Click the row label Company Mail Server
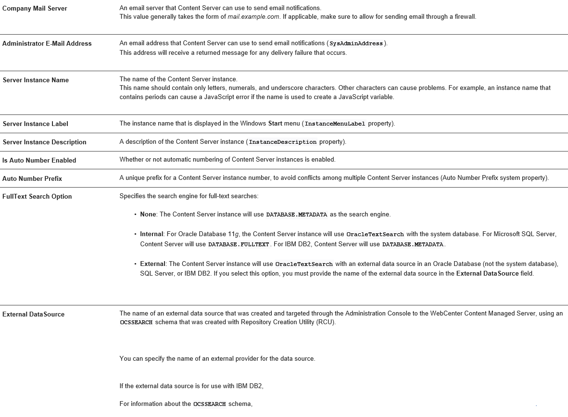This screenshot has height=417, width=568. pos(35,9)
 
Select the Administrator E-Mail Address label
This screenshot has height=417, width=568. pos(47,43)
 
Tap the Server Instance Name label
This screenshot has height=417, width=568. pos(36,80)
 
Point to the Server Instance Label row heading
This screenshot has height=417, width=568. pos(36,124)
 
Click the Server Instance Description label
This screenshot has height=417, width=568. pos(45,142)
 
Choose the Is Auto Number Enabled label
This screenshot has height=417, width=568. pos(39,160)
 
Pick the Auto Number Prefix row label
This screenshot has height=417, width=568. pos(32,178)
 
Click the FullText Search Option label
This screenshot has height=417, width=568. pos(37,196)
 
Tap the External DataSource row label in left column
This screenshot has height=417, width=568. pos(33,314)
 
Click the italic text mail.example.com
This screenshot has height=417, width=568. pos(253,17)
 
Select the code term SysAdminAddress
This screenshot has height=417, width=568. pos(356,44)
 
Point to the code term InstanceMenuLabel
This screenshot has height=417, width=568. pos(335,124)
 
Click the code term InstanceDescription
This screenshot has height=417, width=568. pos(283,142)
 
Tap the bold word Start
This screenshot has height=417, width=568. pos(275,124)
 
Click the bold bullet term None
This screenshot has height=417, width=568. pos(148,215)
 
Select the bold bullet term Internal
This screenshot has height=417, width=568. pos(151,234)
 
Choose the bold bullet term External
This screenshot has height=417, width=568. pos(152,264)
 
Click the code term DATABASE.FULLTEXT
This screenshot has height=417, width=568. pos(239,245)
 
